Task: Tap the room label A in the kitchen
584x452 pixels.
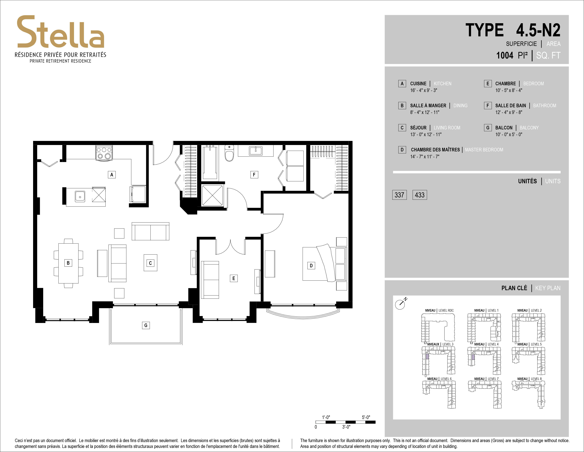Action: point(112,175)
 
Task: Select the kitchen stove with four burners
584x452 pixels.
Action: point(104,153)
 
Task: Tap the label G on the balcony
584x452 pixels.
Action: point(146,325)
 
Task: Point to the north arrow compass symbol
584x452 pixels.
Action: point(401,303)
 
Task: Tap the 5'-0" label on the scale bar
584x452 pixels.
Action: point(366,417)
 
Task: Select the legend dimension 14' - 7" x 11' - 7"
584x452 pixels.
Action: point(425,157)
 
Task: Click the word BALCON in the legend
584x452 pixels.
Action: point(504,128)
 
